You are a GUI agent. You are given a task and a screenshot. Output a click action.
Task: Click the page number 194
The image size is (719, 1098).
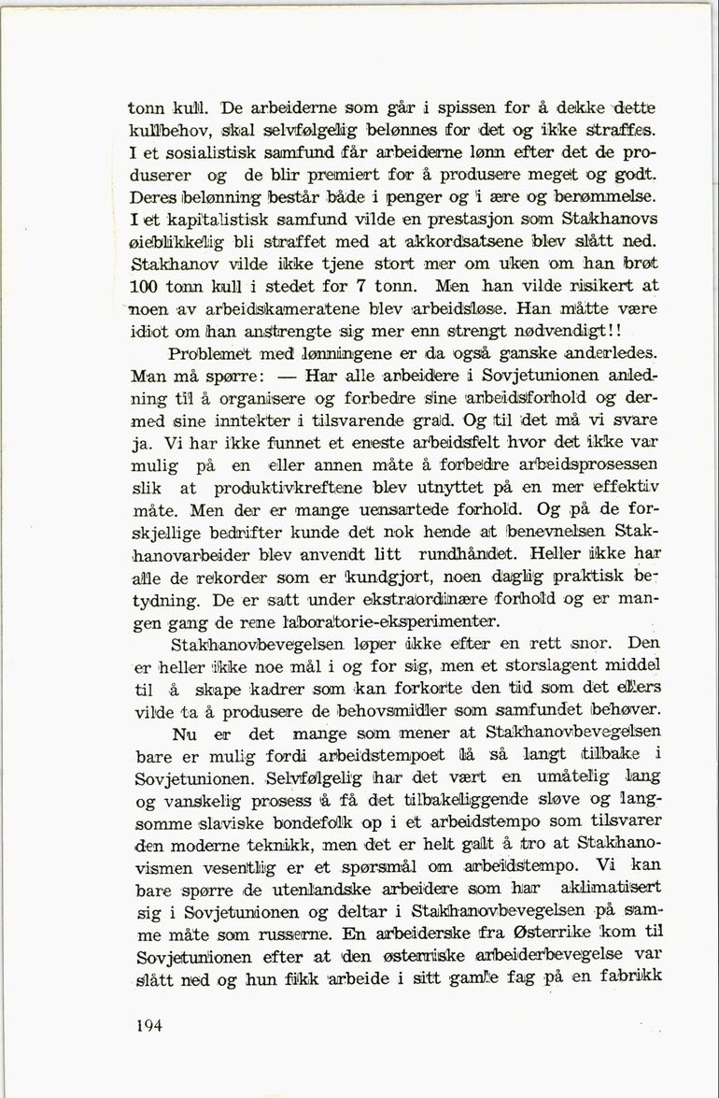pos(148,1025)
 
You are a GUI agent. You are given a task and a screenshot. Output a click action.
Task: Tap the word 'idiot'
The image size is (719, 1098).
pos(154,332)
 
